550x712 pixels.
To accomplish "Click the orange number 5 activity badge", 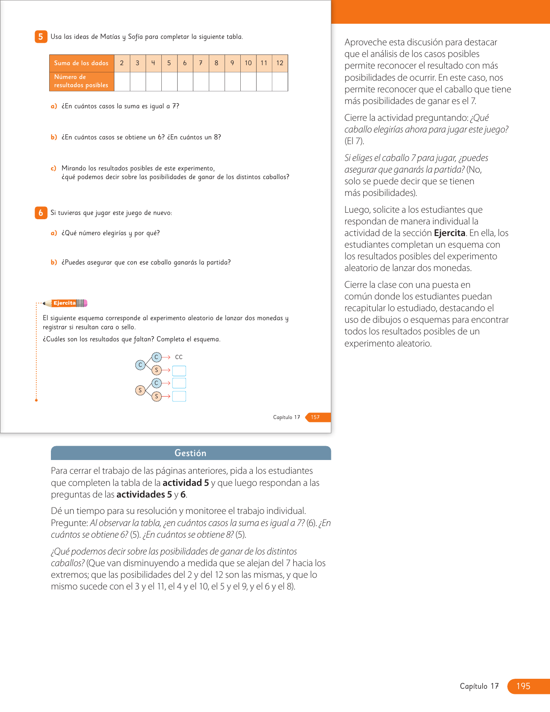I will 41,37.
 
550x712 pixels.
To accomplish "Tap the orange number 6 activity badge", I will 41,213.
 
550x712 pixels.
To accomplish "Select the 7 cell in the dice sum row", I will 201,63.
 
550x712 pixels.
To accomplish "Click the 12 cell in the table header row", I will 280,63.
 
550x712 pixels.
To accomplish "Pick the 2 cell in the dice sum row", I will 122,63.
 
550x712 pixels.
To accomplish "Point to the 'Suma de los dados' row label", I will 82,63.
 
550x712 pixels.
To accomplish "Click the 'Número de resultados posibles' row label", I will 82,81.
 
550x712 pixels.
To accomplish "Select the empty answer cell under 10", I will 248,82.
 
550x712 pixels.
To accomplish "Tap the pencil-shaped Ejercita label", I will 66,303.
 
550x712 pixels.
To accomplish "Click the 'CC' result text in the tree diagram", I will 179,357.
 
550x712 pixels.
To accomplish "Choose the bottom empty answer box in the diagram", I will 179,396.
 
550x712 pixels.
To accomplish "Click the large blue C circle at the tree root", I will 140,365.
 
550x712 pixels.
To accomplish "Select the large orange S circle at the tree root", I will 140,390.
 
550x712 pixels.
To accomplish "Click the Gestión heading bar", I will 191,453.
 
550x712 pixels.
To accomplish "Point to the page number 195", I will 523,686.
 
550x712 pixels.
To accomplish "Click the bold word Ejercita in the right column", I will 449,233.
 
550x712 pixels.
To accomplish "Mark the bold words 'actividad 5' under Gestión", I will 185,483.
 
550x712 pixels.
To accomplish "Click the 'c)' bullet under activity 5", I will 53,168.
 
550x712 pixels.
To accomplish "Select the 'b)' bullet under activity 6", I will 54,262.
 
